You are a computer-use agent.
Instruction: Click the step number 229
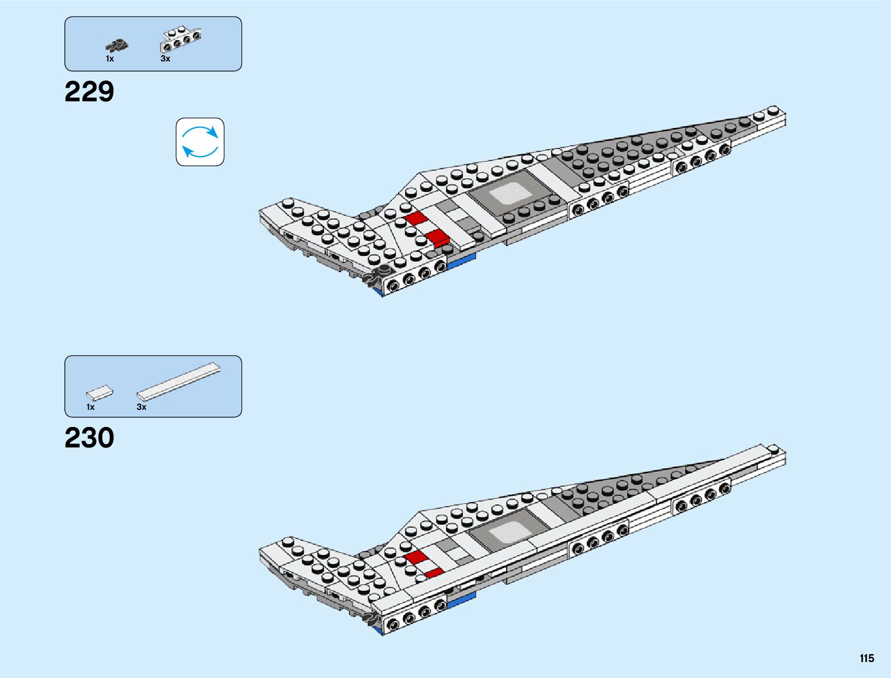tap(89, 92)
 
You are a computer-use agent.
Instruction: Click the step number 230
tap(89, 438)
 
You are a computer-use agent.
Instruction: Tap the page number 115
tap(867, 658)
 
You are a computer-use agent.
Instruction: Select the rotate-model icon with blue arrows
tap(200, 142)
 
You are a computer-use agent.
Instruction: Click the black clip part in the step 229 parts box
tap(117, 45)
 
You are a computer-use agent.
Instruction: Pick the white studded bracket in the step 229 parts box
tap(182, 38)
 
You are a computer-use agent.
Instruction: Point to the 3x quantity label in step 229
tap(165, 59)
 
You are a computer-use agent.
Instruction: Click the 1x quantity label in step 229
tap(110, 59)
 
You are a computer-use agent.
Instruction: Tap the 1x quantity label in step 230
tap(91, 407)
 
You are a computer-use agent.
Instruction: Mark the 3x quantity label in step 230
tap(141, 407)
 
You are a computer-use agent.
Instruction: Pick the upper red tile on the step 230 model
tap(417, 556)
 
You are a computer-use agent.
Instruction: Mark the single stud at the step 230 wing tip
tap(773, 448)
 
